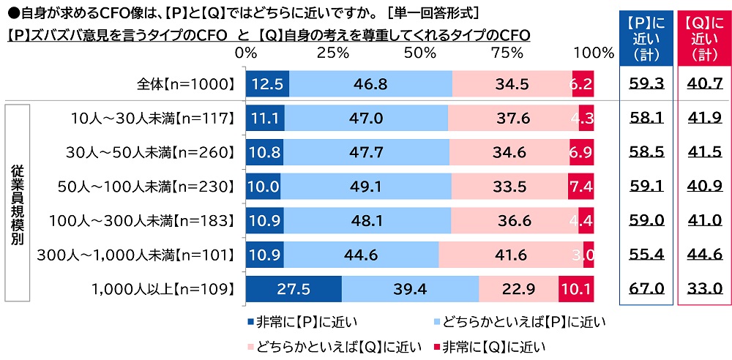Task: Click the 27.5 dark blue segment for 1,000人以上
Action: pos(294,288)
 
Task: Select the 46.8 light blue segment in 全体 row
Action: pos(370,84)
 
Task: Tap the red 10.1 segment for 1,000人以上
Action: pos(576,288)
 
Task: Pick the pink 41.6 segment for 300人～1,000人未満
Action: pos(511,254)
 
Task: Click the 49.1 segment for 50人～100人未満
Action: pos(365,187)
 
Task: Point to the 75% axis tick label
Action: pos(504,53)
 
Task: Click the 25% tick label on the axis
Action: pos(332,53)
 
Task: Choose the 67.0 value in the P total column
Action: pos(646,288)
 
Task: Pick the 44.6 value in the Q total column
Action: pos(705,254)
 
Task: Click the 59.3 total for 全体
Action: pos(646,84)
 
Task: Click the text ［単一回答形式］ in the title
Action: pos(432,12)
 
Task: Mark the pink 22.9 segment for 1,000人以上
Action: pos(518,288)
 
